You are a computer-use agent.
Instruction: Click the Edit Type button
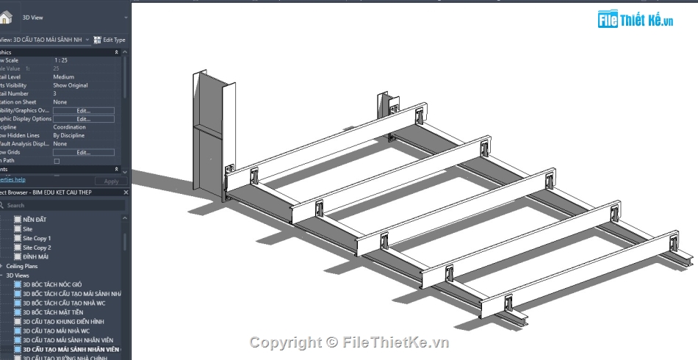109,40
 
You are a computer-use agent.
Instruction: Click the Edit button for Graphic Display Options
83,119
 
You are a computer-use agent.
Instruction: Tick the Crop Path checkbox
57,160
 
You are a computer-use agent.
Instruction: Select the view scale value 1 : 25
61,60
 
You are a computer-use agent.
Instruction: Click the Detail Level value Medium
63,77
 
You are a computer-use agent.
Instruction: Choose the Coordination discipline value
70,127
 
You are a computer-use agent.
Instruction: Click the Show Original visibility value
71,85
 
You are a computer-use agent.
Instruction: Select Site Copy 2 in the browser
37,248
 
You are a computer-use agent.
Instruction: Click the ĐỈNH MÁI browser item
35,256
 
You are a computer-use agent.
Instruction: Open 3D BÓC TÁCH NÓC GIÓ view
52,284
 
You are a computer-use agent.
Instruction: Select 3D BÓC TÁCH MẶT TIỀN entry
53,312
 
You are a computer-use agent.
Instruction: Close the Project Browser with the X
126,192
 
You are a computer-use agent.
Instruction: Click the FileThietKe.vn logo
636,21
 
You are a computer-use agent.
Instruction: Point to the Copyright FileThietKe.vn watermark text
349,342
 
